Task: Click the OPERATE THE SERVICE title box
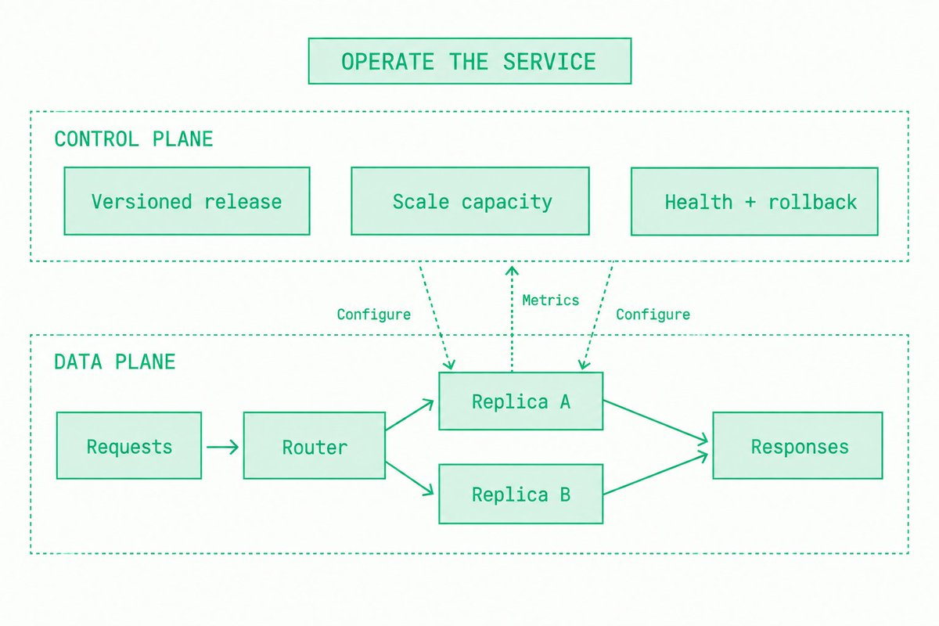tap(469, 61)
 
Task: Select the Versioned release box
tap(187, 201)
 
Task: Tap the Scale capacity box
tap(470, 201)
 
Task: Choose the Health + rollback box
tap(754, 202)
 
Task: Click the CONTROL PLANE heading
tap(134, 139)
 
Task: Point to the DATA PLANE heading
tap(115, 362)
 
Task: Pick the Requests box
tap(129, 446)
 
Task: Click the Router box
tap(315, 446)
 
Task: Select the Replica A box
tap(521, 401)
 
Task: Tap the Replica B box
tap(521, 494)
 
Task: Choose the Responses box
tap(797, 446)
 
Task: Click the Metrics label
tap(550, 300)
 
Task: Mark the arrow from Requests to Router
tap(222, 447)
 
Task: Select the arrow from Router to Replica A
tap(409, 415)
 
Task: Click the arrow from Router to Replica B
tap(409, 478)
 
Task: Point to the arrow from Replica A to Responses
tap(656, 422)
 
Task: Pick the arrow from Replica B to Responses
tap(656, 473)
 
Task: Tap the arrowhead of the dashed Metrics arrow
tap(512, 271)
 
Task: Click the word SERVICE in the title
tap(549, 62)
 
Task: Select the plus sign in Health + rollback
tap(750, 202)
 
